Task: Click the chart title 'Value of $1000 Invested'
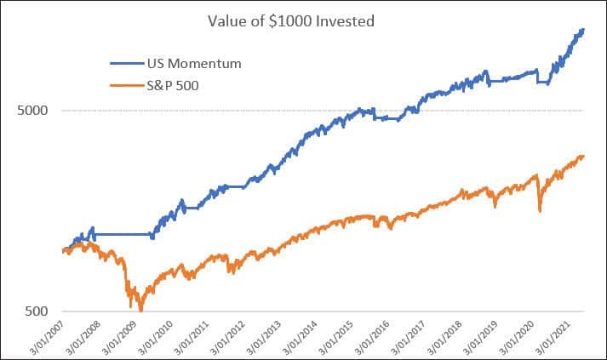click(x=303, y=21)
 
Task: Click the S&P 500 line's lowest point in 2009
click(x=140, y=311)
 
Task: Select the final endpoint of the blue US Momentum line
click(x=584, y=30)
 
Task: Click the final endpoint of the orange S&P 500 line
click(x=584, y=156)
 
